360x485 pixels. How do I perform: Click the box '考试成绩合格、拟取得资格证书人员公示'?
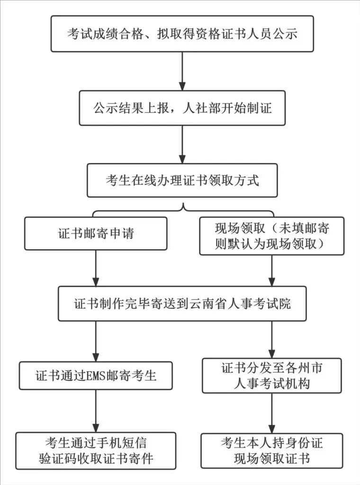[x=182, y=34]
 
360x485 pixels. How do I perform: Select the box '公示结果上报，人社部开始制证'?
[x=182, y=108]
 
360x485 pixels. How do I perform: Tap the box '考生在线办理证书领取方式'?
[x=182, y=180]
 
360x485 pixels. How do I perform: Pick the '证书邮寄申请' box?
[x=96, y=234]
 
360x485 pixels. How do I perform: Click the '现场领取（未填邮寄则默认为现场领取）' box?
[x=271, y=236]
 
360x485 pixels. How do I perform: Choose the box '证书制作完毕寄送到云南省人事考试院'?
[x=182, y=304]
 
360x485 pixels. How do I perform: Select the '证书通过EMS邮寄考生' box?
[x=96, y=376]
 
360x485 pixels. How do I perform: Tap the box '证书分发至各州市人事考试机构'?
[x=271, y=376]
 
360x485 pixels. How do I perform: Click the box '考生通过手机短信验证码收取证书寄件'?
[x=96, y=450]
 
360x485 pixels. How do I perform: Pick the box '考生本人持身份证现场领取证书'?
[x=271, y=450]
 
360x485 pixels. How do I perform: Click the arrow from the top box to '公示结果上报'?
[x=182, y=71]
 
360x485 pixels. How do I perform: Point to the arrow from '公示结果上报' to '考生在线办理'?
[x=182, y=144]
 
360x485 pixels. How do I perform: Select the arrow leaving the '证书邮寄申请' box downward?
[x=96, y=268]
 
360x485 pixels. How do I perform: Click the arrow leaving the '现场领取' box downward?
[x=271, y=270]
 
